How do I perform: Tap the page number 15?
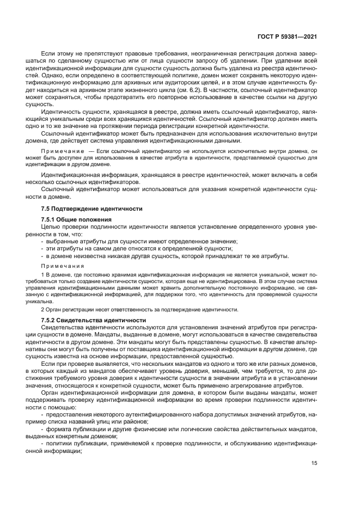click(314, 463)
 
